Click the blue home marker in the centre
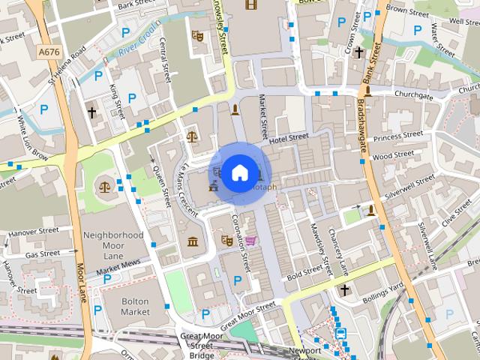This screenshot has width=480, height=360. tap(239, 173)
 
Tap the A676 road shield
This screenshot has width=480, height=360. tap(49, 51)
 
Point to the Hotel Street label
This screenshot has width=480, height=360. tap(289, 138)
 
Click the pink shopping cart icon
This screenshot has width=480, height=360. tap(250, 241)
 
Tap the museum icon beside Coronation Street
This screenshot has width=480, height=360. tap(193, 241)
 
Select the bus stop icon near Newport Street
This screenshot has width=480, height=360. tap(341, 333)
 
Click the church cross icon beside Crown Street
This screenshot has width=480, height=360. tap(359, 52)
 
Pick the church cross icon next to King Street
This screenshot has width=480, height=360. tap(92, 112)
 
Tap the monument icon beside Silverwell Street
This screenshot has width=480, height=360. tap(370, 210)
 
